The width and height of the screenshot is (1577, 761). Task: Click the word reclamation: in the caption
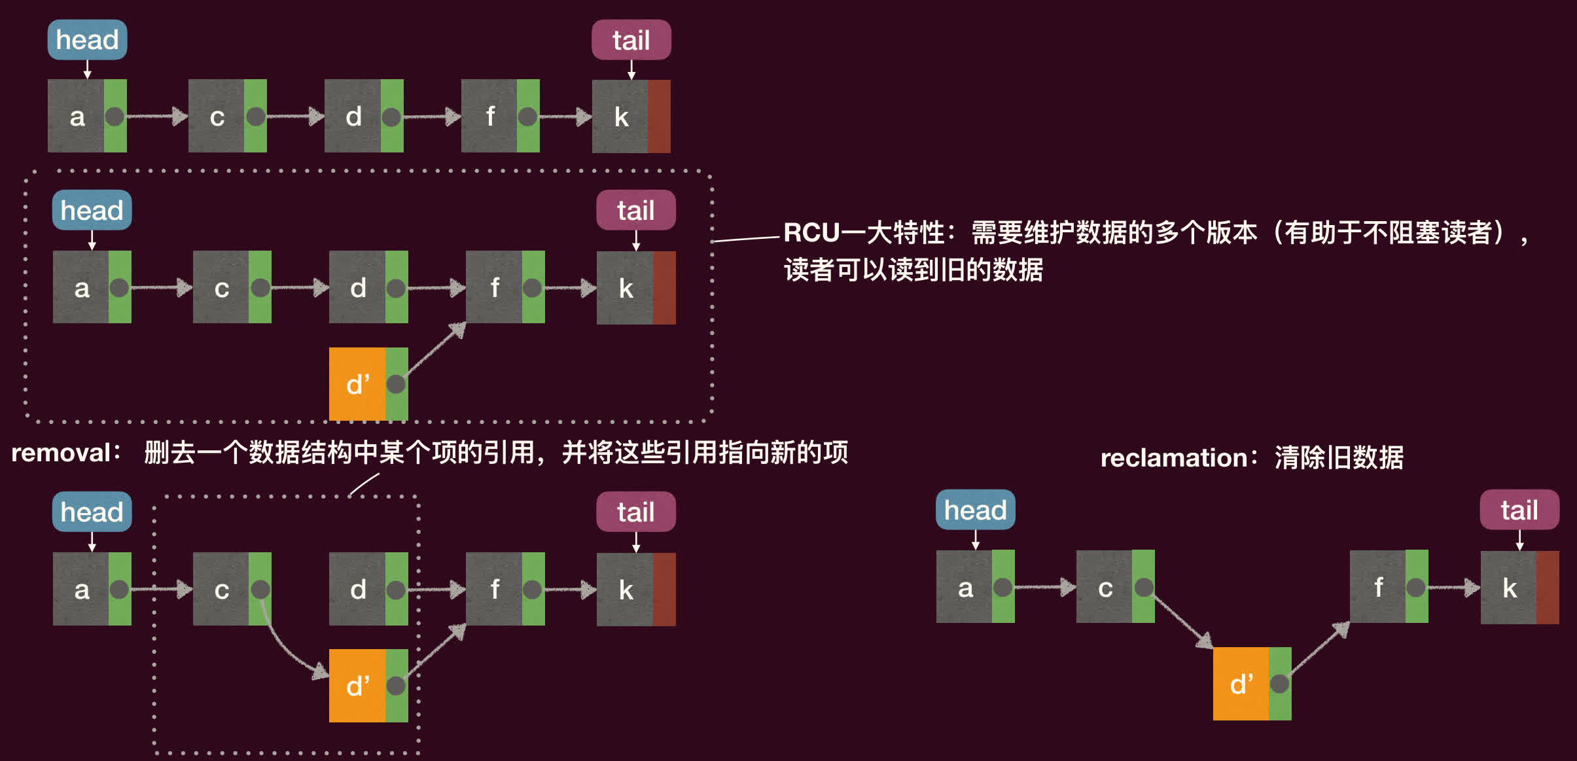1178,458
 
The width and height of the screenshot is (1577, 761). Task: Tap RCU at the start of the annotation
811,233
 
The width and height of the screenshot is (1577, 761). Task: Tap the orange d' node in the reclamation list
1252,684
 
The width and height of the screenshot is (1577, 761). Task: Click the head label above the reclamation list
976,510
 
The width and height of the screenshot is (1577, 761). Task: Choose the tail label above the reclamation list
1519,510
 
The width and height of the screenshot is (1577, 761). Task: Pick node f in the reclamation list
1389,586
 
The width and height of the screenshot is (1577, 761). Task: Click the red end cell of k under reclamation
1548,588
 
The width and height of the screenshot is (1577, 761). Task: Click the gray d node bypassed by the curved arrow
368,589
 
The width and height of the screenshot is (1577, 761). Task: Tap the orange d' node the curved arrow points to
368,686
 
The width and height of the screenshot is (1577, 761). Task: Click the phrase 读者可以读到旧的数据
913,270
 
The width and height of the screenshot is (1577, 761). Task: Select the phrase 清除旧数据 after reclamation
1339,458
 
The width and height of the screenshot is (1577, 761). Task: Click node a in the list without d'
87,116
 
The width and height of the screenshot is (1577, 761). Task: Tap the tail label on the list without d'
631,40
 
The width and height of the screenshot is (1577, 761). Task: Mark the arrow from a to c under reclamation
1045,587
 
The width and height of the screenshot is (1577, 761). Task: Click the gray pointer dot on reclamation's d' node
1279,684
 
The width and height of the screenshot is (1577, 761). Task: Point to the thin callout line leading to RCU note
746,239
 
